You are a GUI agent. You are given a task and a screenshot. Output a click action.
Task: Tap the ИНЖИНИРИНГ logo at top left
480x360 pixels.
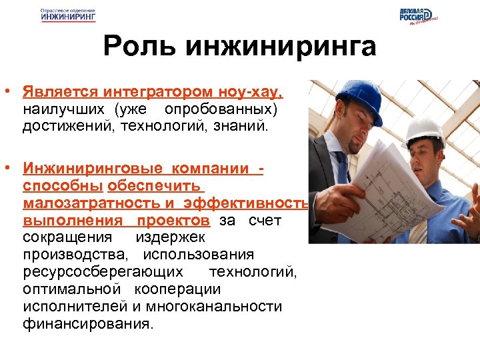[67, 17]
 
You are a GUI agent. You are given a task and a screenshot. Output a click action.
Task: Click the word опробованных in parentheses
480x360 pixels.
[230, 108]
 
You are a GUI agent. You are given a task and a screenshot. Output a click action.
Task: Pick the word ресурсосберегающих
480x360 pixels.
[103, 272]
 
